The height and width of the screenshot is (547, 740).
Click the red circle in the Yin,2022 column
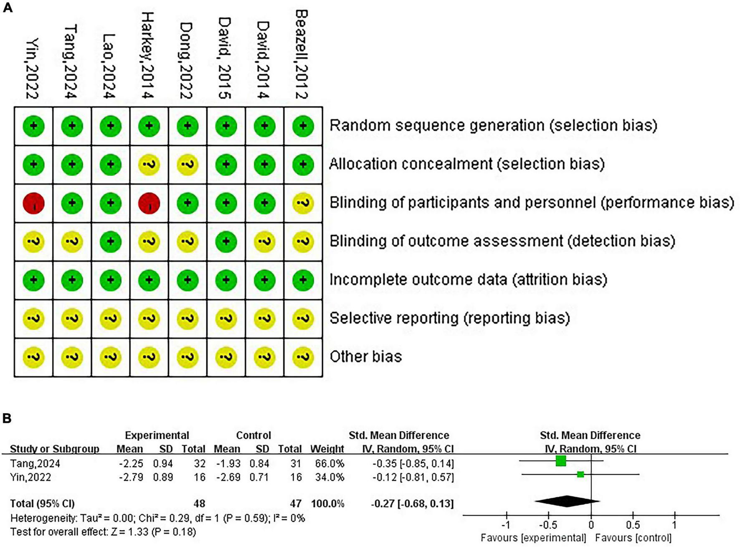(x=33, y=203)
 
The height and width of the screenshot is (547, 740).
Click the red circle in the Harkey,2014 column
(x=149, y=203)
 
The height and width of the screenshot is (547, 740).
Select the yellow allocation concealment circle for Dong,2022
(x=188, y=165)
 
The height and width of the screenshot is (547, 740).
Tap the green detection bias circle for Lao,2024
(x=111, y=242)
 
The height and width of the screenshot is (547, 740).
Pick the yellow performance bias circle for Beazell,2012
(x=303, y=203)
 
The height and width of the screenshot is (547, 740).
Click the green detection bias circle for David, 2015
(x=226, y=242)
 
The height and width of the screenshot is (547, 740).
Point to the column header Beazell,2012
(x=302, y=54)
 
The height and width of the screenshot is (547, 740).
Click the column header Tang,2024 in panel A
(x=71, y=61)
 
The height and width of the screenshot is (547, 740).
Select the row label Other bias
(x=365, y=356)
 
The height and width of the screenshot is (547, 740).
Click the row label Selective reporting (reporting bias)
(x=449, y=318)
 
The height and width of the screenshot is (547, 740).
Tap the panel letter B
(x=7, y=418)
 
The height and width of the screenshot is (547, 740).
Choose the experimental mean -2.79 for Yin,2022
(x=130, y=477)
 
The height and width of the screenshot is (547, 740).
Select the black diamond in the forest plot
(x=567, y=501)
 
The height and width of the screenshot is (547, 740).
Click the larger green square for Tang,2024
(x=561, y=461)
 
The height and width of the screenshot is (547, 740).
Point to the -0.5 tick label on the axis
(x=549, y=525)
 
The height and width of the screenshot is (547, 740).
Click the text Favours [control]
(x=633, y=538)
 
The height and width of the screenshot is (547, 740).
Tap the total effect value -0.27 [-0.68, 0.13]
(x=412, y=504)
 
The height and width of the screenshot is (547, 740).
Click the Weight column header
(x=327, y=449)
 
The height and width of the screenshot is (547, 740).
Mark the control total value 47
(x=296, y=504)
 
